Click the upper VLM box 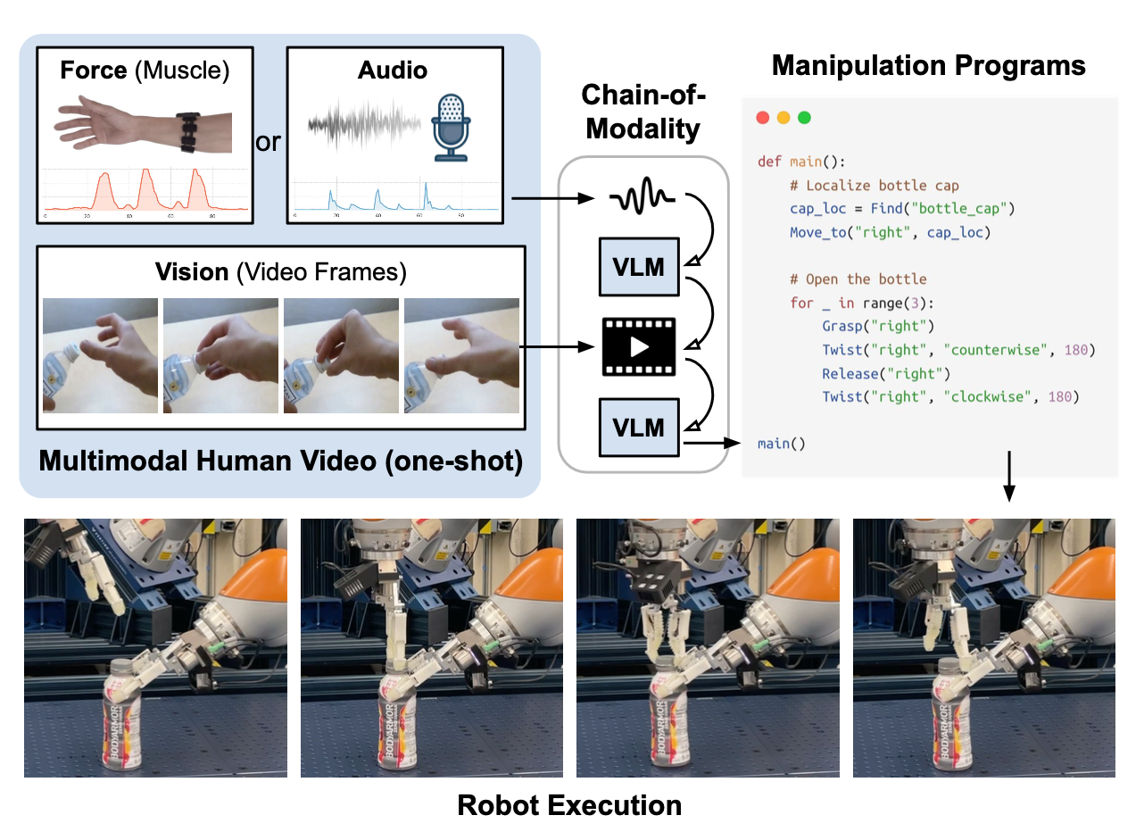tap(640, 266)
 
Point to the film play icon tap(640, 345)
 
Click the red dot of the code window tap(762, 118)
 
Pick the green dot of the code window tap(804, 118)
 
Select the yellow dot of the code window tap(783, 118)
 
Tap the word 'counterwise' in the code tap(991, 350)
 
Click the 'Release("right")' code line tap(886, 373)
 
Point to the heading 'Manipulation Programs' tap(928, 65)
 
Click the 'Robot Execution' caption tap(569, 805)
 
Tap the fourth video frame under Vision tap(461, 355)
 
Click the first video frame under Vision tap(100, 355)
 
